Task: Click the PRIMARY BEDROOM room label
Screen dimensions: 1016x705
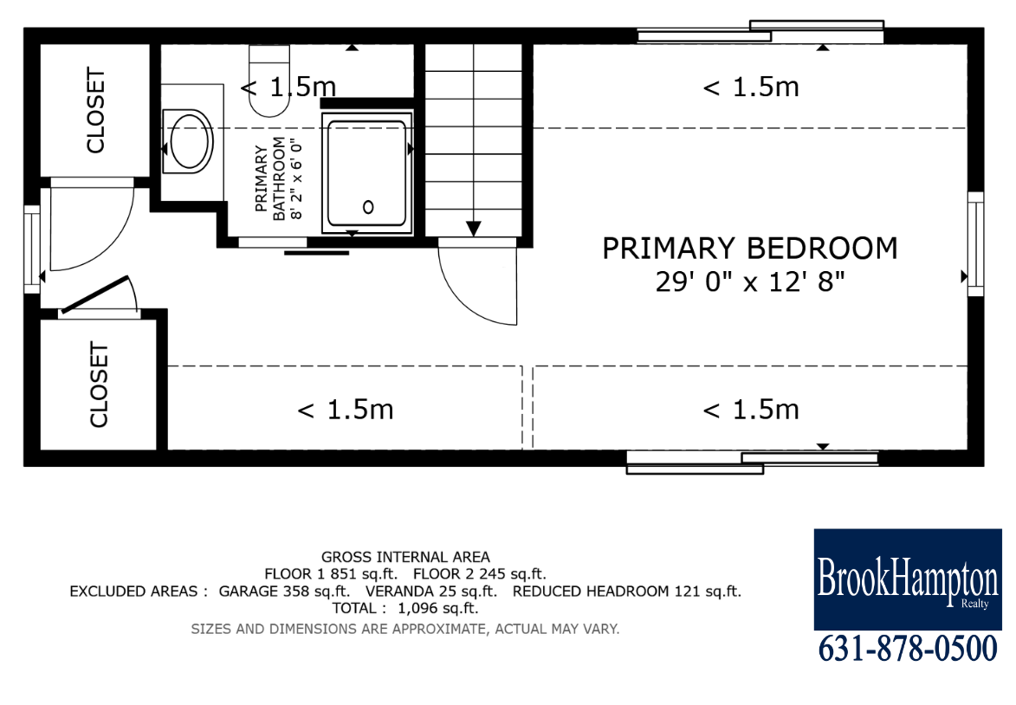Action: [x=750, y=249]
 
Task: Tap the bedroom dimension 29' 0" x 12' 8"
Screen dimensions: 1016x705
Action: [x=750, y=281]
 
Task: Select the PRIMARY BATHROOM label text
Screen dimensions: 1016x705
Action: [x=270, y=178]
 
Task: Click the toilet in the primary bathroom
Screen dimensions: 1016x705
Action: [x=269, y=81]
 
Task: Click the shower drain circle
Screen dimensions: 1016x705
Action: [x=368, y=207]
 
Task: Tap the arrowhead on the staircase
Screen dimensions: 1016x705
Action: [x=474, y=229]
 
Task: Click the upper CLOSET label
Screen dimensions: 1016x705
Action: [x=95, y=110]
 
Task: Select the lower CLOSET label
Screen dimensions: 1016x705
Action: [x=98, y=385]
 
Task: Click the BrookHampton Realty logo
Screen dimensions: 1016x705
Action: [x=908, y=579]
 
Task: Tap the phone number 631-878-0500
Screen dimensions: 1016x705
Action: [x=908, y=649]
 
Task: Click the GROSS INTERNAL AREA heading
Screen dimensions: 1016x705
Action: [x=405, y=557]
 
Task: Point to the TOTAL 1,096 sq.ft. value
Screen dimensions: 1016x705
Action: [x=405, y=608]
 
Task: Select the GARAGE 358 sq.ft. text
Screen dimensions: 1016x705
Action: [x=284, y=591]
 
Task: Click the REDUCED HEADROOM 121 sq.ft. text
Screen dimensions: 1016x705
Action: [x=626, y=591]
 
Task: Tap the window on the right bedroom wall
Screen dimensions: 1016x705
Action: [x=976, y=243]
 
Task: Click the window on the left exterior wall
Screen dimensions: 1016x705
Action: [x=32, y=249]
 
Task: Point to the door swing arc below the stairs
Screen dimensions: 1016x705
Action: [x=469, y=292]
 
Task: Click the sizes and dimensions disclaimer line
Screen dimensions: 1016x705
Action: [x=405, y=629]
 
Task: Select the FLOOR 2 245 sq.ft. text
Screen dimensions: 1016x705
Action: [x=480, y=573]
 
